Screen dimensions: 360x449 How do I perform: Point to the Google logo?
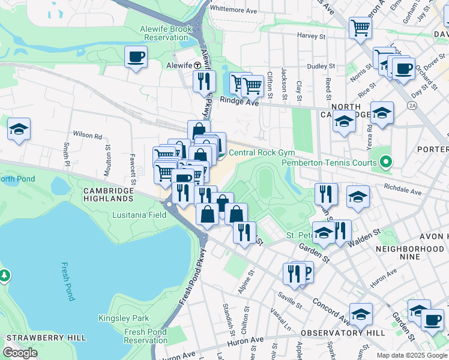point(20,353)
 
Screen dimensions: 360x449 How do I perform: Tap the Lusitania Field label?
point(139,214)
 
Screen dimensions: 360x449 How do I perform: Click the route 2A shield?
point(412,106)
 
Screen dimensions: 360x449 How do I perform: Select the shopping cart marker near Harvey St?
point(360,27)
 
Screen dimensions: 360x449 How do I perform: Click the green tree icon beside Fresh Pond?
point(5,275)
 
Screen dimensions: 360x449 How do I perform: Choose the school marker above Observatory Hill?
point(360,314)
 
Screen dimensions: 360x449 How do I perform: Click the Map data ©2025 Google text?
point(411,355)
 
